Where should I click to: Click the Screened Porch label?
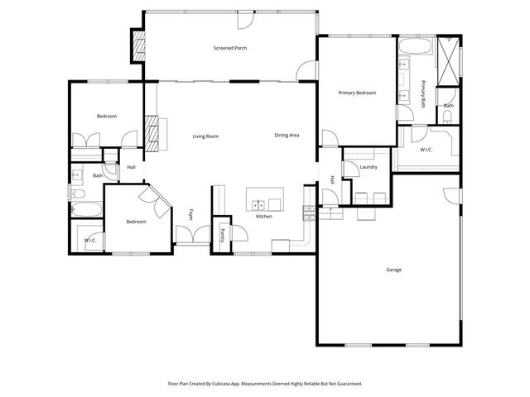[229, 48]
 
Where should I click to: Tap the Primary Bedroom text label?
[357, 93]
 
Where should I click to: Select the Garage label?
[393, 270]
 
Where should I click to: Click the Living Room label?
[205, 136]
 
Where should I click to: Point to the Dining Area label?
[287, 135]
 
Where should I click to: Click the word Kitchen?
[264, 216]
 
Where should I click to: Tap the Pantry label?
[222, 234]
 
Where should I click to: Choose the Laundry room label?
[369, 167]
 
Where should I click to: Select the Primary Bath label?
[423, 93]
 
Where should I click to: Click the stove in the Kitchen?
[310, 213]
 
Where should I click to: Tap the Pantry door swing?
[225, 222]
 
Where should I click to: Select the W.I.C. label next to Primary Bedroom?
[426, 150]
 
